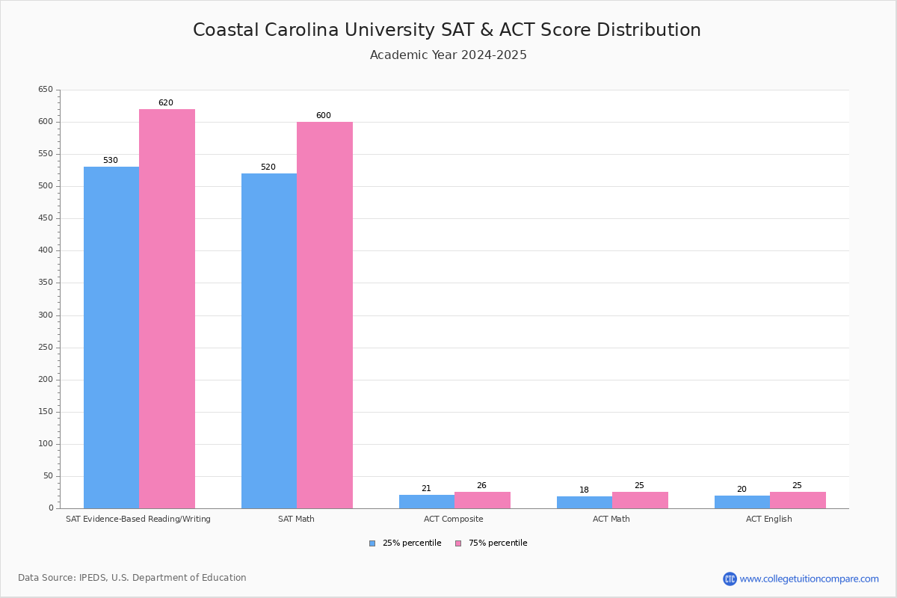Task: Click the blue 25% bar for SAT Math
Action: pyautogui.click(x=269, y=341)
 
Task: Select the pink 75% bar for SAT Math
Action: pyautogui.click(x=324, y=315)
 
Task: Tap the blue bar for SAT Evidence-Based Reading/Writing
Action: pyautogui.click(x=111, y=337)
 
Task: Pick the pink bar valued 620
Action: pyautogui.click(x=167, y=309)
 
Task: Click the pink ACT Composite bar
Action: pyautogui.click(x=482, y=500)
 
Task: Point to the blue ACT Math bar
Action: pyautogui.click(x=585, y=502)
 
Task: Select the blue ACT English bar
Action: pyautogui.click(x=742, y=502)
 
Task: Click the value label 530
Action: pyautogui.click(x=111, y=161)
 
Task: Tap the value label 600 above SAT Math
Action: pyautogui.click(x=324, y=116)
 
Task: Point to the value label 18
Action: pyautogui.click(x=585, y=490)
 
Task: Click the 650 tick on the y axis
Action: pyautogui.click(x=46, y=90)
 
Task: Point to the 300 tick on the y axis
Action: pyautogui.click(x=46, y=315)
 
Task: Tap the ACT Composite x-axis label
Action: pyautogui.click(x=454, y=519)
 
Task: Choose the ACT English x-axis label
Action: pyautogui.click(x=769, y=519)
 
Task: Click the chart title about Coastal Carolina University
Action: pyautogui.click(x=447, y=30)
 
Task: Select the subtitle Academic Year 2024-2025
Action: pyautogui.click(x=449, y=55)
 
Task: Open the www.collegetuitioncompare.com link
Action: pyautogui.click(x=809, y=579)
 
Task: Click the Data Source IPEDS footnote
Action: pyautogui.click(x=132, y=578)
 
